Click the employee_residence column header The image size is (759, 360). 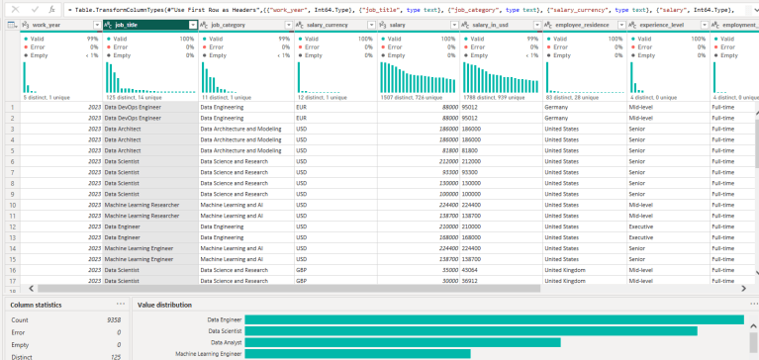click(579, 24)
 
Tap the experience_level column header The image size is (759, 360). click(663, 24)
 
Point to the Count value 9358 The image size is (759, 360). click(109, 320)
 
